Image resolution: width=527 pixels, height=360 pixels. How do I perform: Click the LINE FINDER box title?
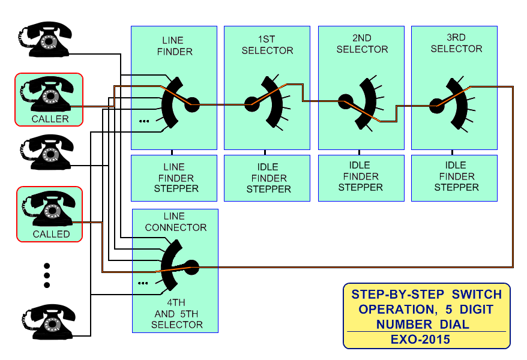[174, 46]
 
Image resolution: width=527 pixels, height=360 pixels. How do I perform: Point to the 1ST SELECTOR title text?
[267, 45]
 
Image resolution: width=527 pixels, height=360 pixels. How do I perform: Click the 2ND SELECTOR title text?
[362, 44]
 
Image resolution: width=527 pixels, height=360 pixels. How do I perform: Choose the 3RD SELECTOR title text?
[456, 43]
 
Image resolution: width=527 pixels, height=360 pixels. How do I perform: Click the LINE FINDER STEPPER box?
[174, 178]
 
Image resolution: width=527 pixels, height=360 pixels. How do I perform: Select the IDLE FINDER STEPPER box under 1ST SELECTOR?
[268, 178]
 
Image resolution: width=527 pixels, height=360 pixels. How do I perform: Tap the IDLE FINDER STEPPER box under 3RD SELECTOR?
[456, 176]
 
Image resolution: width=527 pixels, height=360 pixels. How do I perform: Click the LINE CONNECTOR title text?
[175, 222]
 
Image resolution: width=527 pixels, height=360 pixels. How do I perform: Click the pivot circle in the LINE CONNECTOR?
[191, 266]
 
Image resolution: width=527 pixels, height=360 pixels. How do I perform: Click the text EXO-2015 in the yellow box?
[426, 340]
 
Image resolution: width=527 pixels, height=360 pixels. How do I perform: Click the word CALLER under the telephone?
[50, 119]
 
